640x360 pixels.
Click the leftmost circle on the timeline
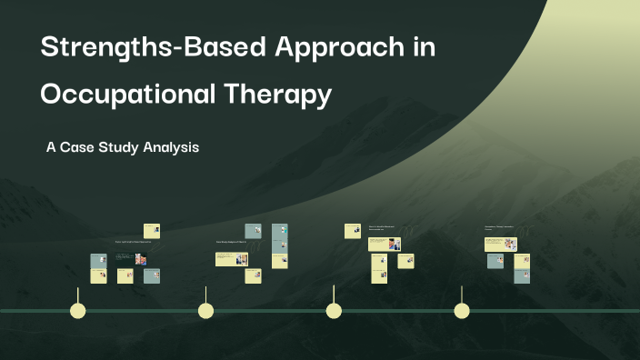[78, 311]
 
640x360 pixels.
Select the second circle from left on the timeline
[206, 311]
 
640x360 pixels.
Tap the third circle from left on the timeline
[334, 311]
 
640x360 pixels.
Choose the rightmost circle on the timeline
[462, 311]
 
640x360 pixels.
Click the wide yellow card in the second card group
[232, 259]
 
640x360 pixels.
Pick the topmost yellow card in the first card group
[151, 230]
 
